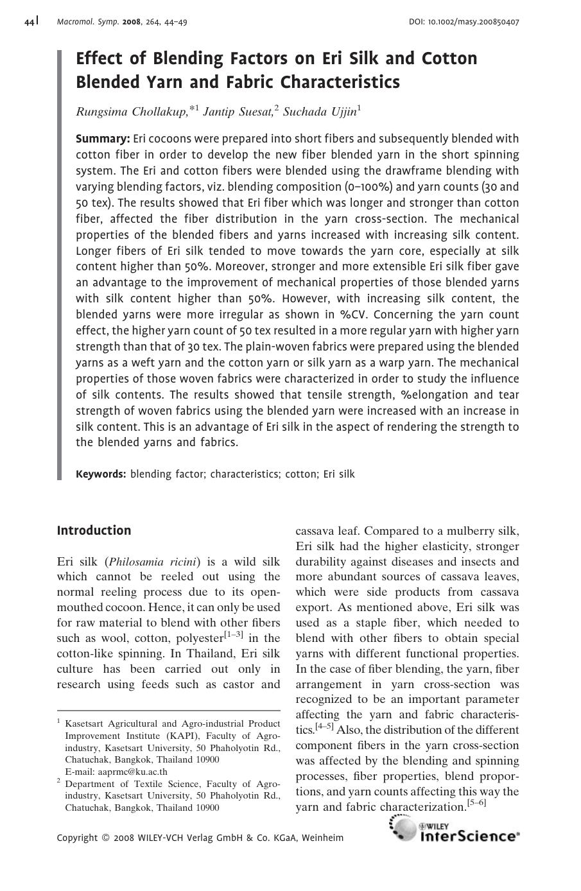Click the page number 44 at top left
click(30, 22)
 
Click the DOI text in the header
click(464, 22)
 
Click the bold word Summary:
click(103, 139)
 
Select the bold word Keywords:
click(101, 474)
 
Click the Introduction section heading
click(94, 530)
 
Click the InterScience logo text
click(469, 836)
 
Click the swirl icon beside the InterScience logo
click(403, 828)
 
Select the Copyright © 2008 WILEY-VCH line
click(200, 838)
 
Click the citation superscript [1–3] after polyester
click(234, 636)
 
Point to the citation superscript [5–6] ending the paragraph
click(476, 803)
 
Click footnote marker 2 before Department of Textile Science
click(58, 781)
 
